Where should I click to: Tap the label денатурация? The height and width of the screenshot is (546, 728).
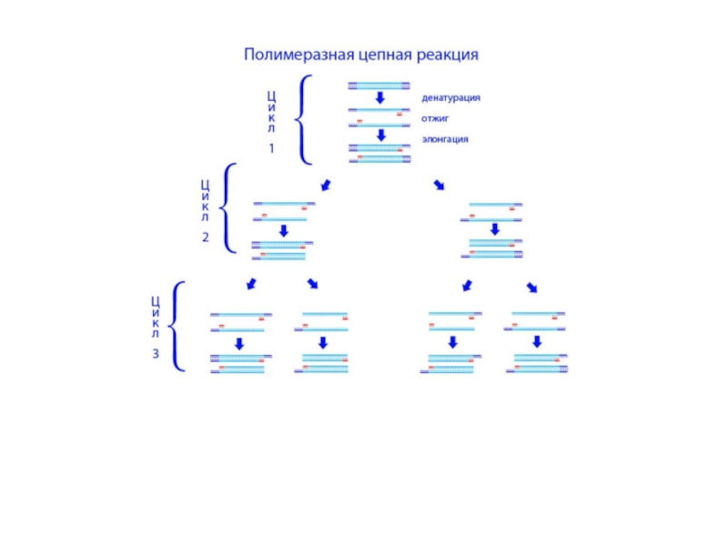pos(450,97)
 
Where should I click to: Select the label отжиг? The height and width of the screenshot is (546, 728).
pos(435,118)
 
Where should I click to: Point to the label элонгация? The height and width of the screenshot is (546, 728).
pos(445,139)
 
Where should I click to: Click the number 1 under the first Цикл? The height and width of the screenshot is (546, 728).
pos(271,148)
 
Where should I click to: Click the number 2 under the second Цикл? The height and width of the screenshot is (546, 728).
pos(205,237)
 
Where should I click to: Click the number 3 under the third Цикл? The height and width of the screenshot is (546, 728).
pos(156,354)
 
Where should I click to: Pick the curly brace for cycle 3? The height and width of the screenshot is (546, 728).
pos(180,326)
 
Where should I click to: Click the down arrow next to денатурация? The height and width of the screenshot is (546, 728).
pos(381,97)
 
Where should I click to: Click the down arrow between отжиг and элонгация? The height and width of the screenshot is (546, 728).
pos(381,135)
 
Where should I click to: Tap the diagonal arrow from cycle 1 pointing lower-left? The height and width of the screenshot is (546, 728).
pos(325,186)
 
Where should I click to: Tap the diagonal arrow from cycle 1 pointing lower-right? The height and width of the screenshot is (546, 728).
pos(440,186)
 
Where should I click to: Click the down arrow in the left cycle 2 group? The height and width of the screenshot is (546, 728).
pos(283,230)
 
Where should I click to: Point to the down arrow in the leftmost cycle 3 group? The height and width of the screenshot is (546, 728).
pos(238,343)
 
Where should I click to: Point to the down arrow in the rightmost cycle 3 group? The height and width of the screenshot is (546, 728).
pos(537,342)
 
